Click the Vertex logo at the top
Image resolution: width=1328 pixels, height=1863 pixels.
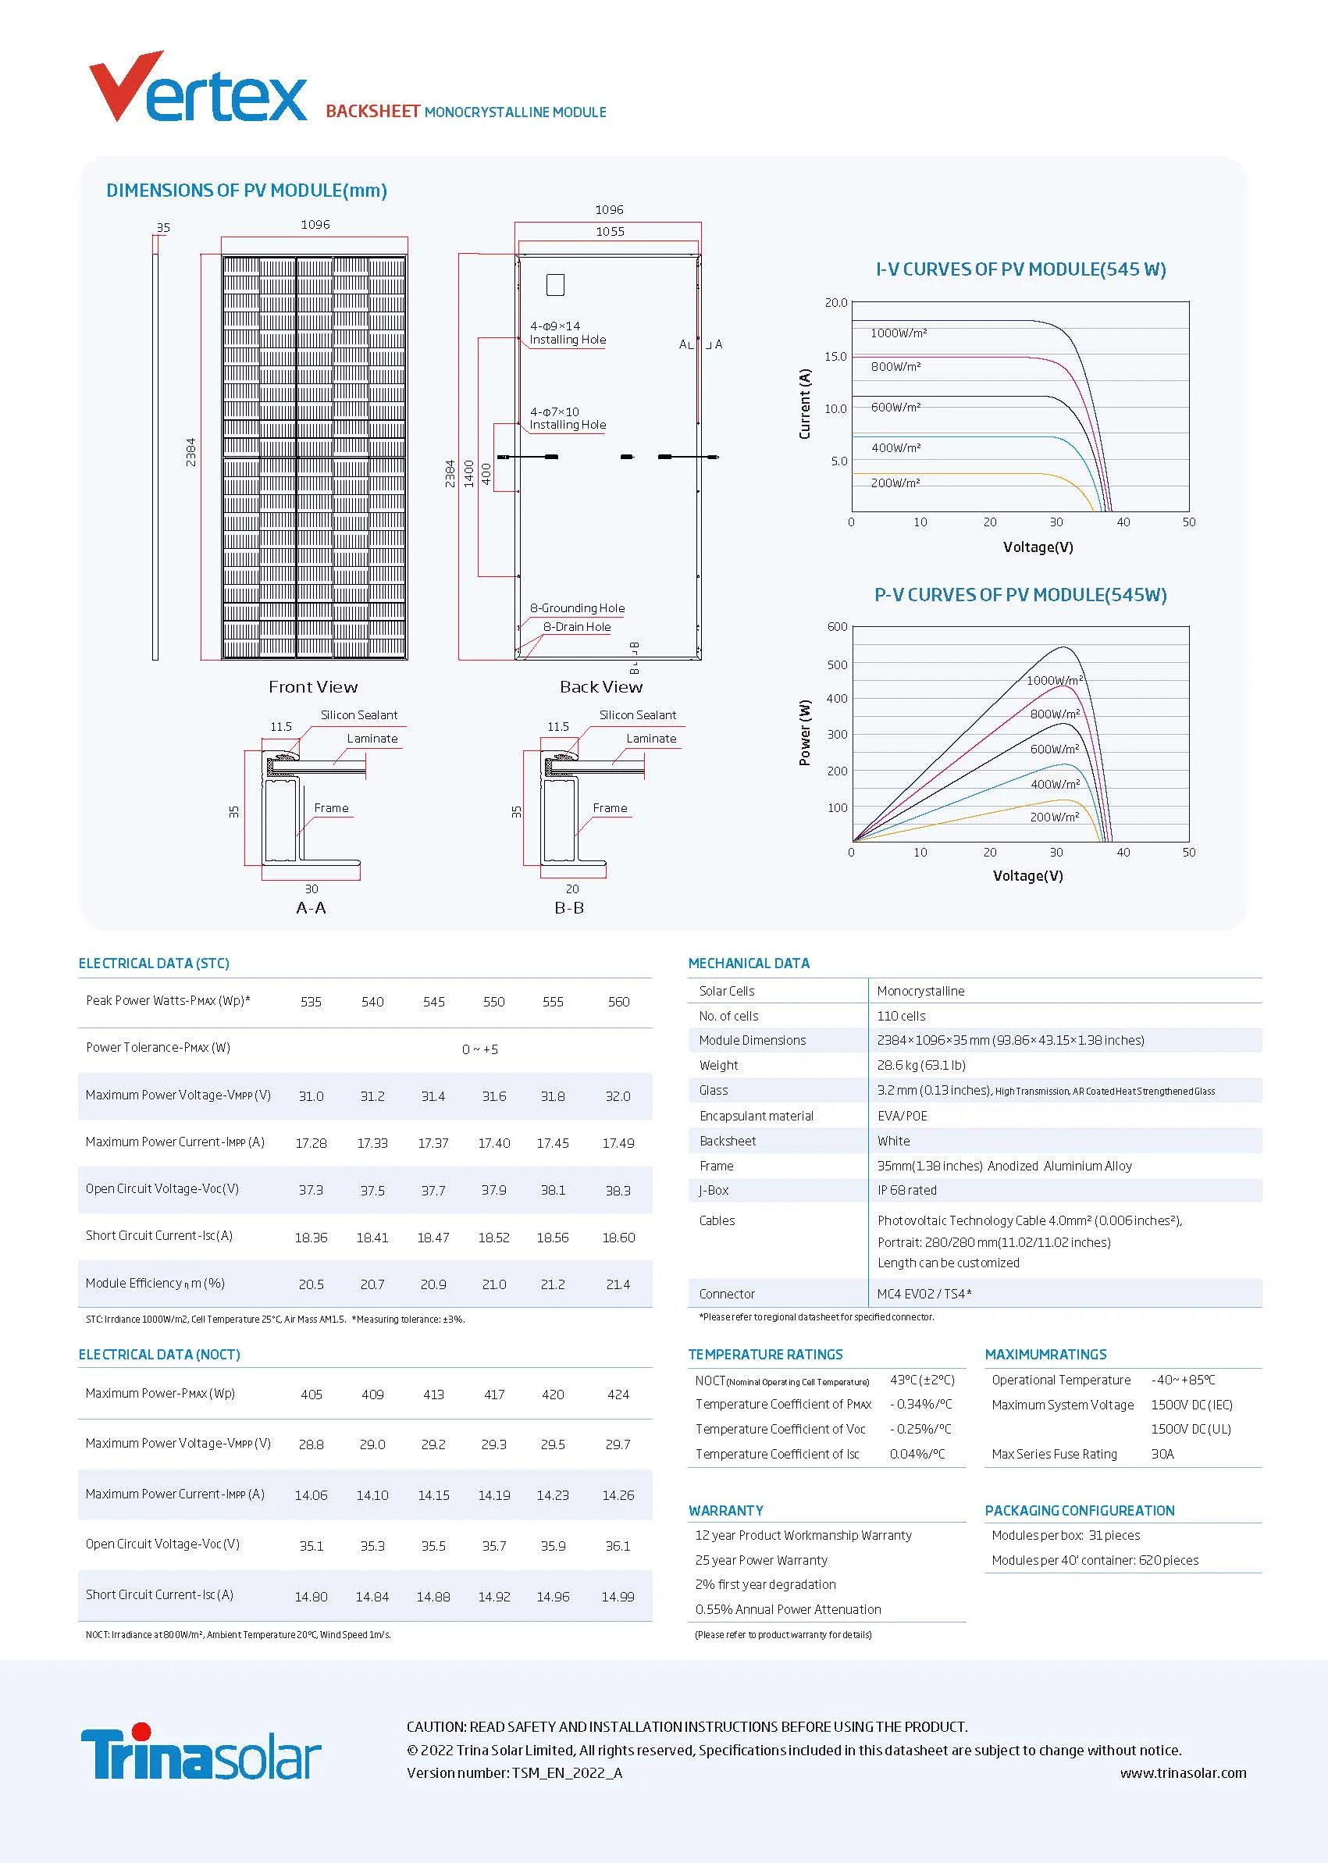coord(197,88)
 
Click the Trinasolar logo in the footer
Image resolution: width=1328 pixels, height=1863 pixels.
coord(201,1753)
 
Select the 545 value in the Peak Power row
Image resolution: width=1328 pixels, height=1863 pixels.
coord(433,1002)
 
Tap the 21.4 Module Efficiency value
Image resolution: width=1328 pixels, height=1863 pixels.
coord(618,1284)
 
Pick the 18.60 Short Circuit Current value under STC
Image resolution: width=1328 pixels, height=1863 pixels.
coord(618,1238)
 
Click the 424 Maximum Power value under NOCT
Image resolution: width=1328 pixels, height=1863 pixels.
coord(618,1395)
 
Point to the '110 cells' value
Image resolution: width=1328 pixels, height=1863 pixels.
coord(901,1016)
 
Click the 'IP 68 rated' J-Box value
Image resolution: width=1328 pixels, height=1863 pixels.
coord(907,1190)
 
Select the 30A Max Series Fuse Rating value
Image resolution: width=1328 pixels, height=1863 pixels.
coord(1162,1454)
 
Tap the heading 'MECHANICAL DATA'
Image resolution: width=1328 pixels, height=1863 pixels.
coord(748,964)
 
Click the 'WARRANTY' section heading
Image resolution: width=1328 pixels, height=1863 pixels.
coord(725,1511)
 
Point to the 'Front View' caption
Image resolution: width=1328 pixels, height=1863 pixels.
coord(313,687)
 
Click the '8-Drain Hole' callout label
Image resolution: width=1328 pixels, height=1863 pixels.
coord(576,627)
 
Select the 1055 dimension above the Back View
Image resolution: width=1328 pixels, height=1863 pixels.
coord(609,232)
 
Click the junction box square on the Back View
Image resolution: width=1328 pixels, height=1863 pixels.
coord(555,284)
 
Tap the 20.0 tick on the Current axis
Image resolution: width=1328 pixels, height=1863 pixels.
coord(835,303)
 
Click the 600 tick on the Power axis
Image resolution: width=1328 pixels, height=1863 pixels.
coord(838,627)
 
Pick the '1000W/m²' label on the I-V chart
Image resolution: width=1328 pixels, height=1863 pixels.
coord(899,333)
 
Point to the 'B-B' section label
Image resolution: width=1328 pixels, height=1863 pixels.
coord(569,908)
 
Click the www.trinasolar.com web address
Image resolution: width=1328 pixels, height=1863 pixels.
coord(1183,1773)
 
